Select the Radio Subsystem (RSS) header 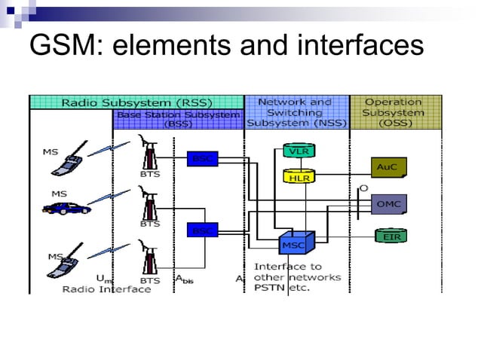[136, 102]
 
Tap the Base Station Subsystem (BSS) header [178, 118]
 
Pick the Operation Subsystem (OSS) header [393, 112]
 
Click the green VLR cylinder [297, 151]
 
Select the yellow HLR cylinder [297, 177]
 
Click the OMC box [389, 204]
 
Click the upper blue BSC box [201, 158]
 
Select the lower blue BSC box [201, 229]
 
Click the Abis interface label [185, 279]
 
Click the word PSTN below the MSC [270, 288]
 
